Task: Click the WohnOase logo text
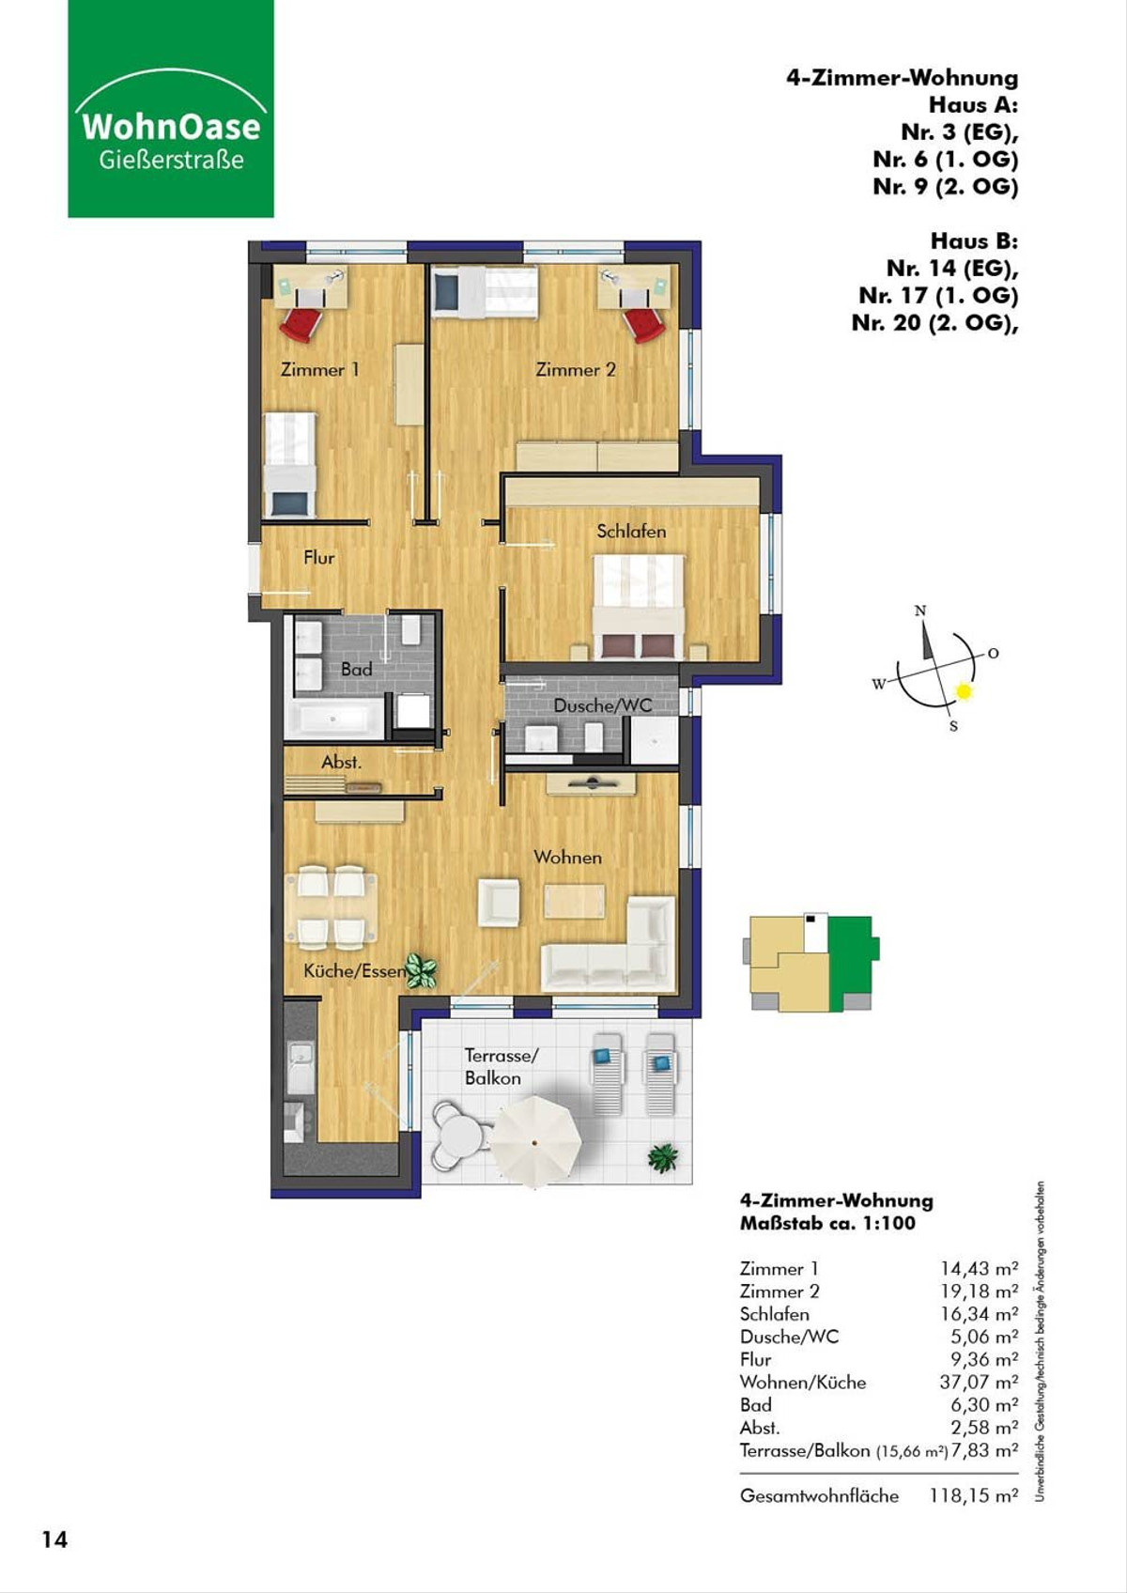coord(171,127)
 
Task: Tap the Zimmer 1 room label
coord(319,370)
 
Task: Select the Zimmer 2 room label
coord(575,370)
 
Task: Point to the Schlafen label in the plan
coord(631,532)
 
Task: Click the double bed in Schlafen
coord(639,607)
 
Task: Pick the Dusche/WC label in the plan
coord(603,705)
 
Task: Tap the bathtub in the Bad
coord(333,719)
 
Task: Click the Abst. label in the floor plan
coord(341,763)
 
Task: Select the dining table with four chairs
coord(332,907)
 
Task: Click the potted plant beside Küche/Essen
coord(421,971)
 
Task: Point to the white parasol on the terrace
coord(537,1140)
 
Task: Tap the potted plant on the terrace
coord(663,1158)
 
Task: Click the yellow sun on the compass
coord(964,690)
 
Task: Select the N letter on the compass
coord(920,611)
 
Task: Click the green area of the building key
coord(851,963)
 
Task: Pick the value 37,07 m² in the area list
coord(979,1382)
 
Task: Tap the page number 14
coord(54,1539)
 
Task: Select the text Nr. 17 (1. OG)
coord(938,295)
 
